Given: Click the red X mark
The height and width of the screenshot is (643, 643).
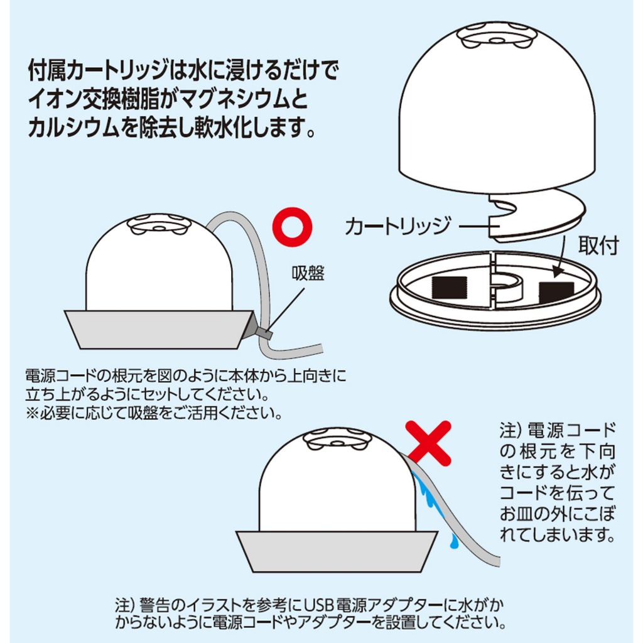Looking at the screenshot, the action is pos(428,442).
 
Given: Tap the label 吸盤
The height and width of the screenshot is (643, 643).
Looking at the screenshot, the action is pos(308,273).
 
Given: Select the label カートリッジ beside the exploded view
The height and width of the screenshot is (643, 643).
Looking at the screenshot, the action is pos(397,226).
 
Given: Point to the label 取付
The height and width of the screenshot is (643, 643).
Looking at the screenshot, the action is pos(598,246).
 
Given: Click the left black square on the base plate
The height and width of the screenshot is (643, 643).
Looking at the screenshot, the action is pos(450,289).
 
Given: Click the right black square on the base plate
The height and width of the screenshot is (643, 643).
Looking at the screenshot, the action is pos(556,293).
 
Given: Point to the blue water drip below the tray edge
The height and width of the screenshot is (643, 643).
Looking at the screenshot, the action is pos(453,541).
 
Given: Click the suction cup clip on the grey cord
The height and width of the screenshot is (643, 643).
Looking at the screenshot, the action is pos(263,332).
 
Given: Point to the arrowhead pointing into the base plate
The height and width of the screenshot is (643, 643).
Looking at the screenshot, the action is pos(556,272).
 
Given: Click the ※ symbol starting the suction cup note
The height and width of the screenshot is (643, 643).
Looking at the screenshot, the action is pos(32,413).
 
